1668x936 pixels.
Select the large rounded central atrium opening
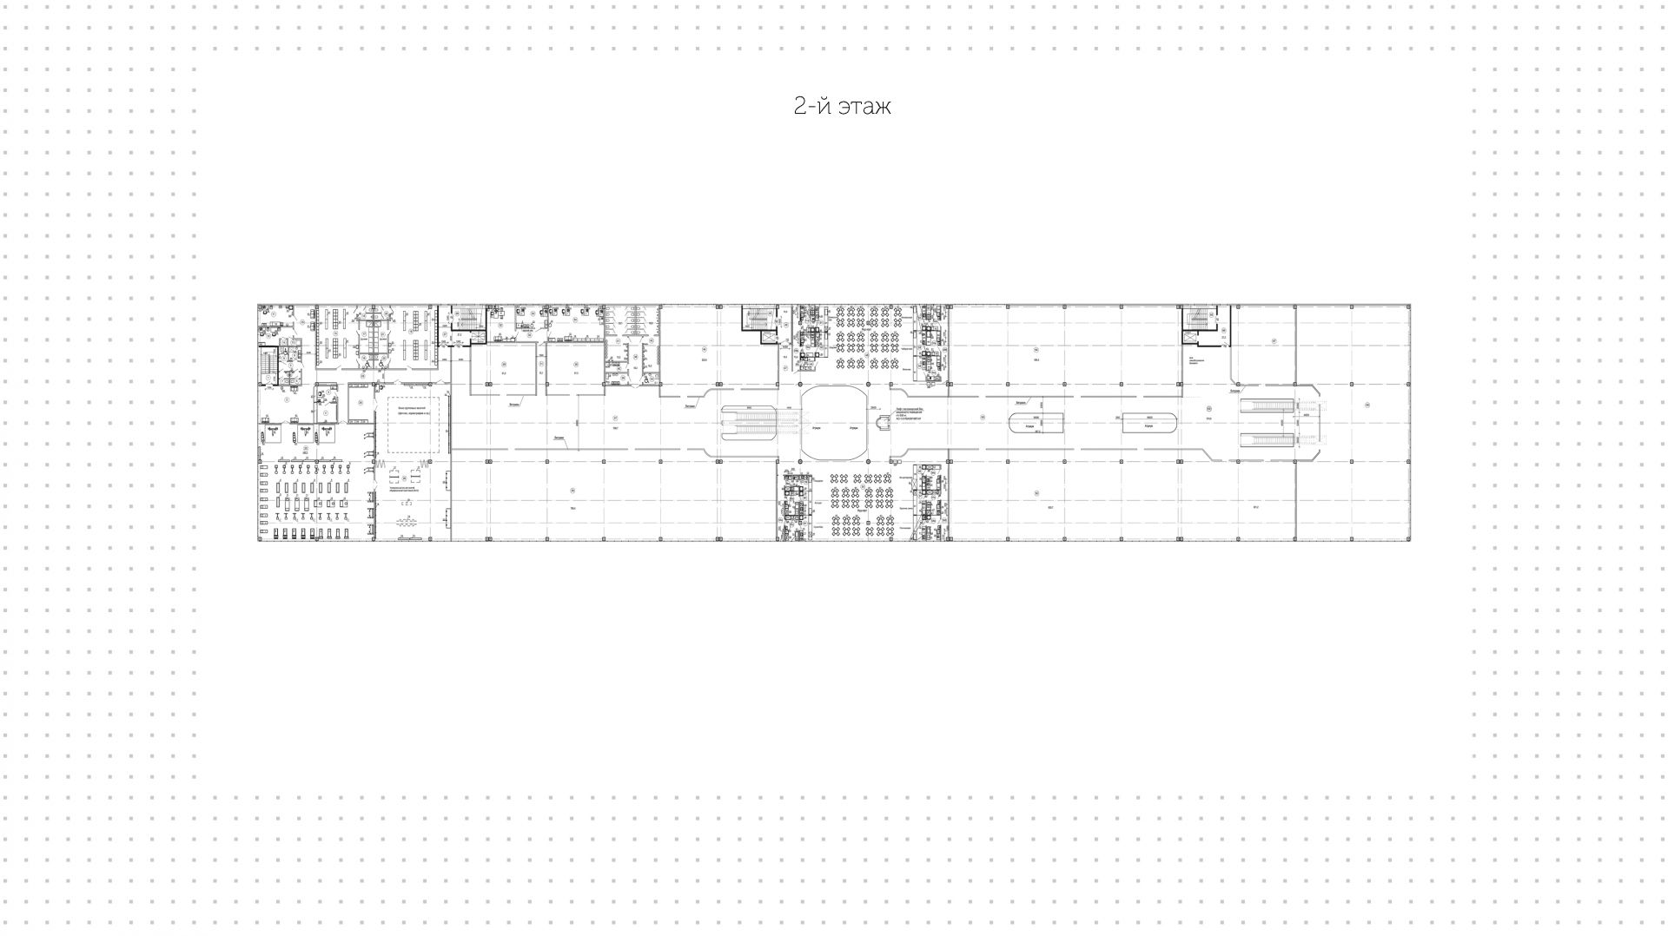tap(833, 424)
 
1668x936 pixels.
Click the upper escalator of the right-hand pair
tap(1266, 406)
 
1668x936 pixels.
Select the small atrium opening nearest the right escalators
tap(1148, 423)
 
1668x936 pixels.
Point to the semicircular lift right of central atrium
tap(884, 423)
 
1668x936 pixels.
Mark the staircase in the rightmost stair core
tap(1199, 320)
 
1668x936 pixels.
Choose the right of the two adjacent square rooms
tap(574, 369)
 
